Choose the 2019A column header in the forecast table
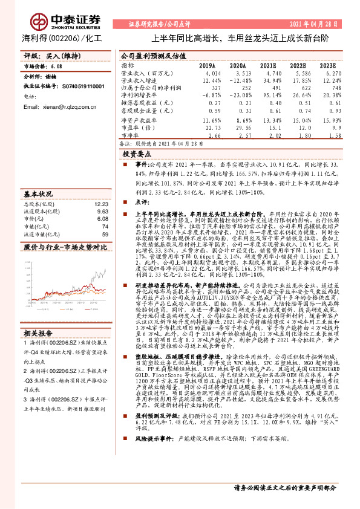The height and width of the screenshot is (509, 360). pos(207,65)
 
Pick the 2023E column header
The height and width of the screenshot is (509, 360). pos(328,65)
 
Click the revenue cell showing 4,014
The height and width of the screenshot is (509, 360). pos(207,73)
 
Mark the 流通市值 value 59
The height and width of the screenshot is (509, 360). pos(105,234)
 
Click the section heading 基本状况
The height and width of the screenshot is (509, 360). pos(38,195)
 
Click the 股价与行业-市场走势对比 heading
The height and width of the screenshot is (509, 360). pos(56,247)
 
